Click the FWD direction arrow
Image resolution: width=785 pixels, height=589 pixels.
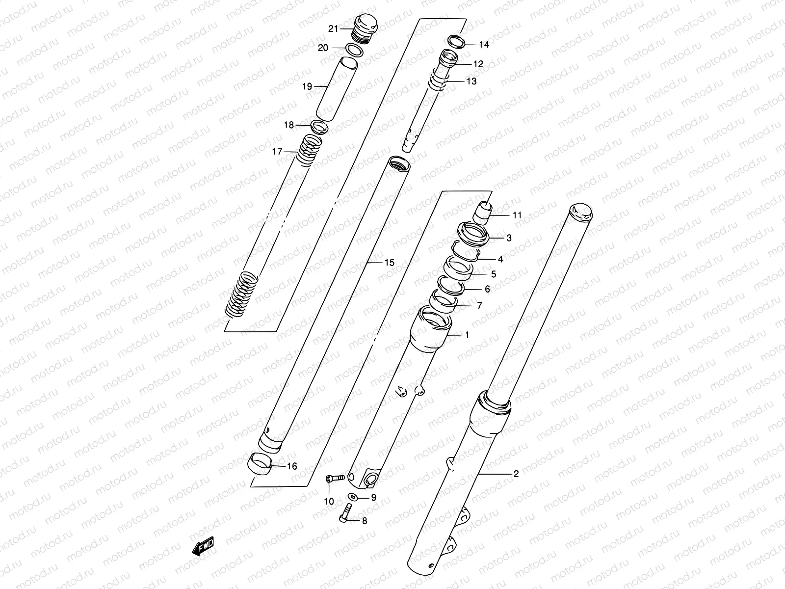click(x=202, y=546)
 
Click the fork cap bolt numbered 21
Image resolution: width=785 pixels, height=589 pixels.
click(x=364, y=29)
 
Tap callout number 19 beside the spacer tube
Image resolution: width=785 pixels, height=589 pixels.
click(x=307, y=87)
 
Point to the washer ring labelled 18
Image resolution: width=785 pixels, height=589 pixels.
click(x=319, y=126)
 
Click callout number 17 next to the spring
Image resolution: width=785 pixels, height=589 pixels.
click(x=277, y=152)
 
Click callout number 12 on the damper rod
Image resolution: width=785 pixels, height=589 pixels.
click(x=478, y=64)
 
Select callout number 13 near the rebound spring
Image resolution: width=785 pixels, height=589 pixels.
click(x=471, y=81)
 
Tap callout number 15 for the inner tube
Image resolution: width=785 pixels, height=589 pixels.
click(x=389, y=263)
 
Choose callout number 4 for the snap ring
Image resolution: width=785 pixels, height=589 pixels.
click(x=500, y=259)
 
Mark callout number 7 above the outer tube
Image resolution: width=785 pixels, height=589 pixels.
click(x=479, y=305)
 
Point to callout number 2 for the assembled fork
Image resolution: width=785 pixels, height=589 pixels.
click(x=516, y=474)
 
